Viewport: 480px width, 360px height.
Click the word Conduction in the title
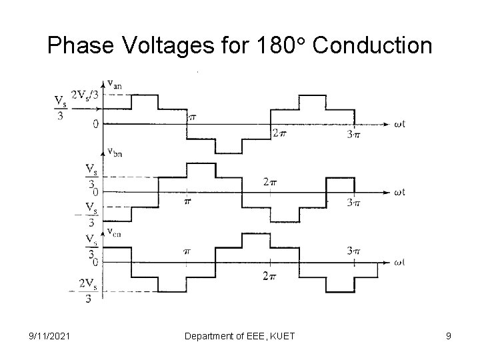tap(372, 45)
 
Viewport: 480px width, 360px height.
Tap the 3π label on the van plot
tap(353, 135)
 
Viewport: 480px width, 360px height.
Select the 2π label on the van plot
tap(279, 133)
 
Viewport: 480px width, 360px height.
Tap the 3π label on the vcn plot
tap(353, 251)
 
